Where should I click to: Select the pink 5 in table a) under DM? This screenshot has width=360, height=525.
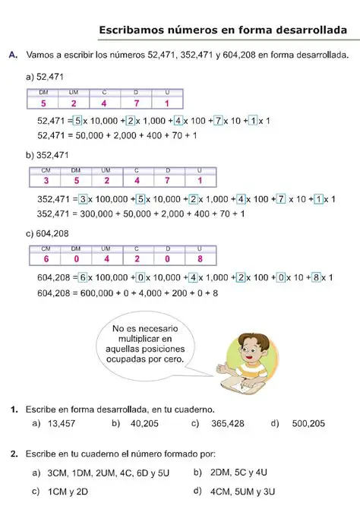[44, 103]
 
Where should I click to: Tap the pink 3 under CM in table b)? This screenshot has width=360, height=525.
[46, 181]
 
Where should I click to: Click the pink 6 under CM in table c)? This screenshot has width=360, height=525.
[46, 259]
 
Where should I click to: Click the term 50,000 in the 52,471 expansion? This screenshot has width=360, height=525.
[87, 134]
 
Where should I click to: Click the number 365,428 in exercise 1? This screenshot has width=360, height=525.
[227, 423]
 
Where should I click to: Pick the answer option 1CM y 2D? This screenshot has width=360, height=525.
[67, 491]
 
